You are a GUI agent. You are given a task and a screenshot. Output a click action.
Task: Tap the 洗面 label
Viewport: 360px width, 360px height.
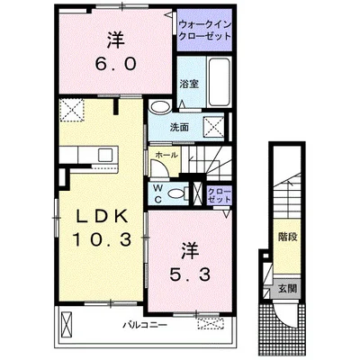pos(180,127)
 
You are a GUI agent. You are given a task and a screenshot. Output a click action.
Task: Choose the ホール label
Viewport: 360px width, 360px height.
pos(166,155)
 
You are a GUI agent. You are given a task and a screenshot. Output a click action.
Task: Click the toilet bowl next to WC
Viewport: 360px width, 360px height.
pos(175,191)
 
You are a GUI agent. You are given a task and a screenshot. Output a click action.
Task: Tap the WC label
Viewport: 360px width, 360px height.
pos(158,191)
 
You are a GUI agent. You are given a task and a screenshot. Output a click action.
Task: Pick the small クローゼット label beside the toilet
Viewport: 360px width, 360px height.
pos(217,194)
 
